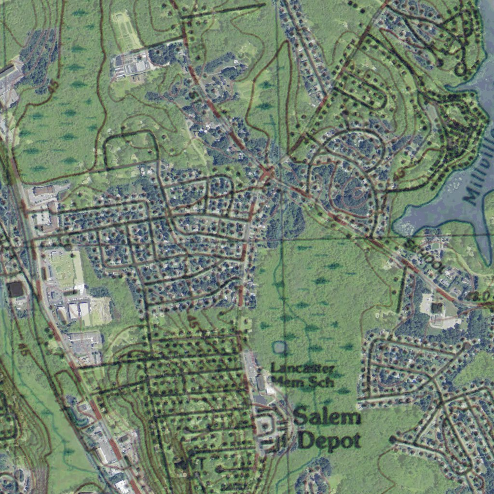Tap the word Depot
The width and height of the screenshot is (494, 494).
(x=329, y=440)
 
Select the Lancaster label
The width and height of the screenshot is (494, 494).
(x=302, y=369)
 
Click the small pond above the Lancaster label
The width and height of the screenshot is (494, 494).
(x=279, y=346)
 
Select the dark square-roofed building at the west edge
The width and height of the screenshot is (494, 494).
(x=15, y=289)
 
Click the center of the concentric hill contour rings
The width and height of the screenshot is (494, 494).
(x=356, y=193)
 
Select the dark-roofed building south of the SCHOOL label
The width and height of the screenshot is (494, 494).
(x=437, y=307)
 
